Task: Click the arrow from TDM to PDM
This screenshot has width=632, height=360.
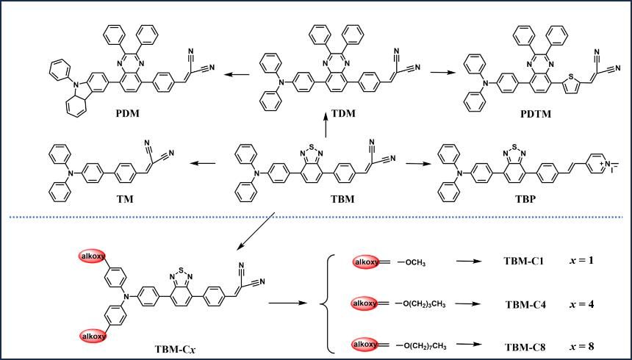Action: [237, 73]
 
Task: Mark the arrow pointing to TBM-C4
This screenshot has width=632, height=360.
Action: [471, 303]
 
